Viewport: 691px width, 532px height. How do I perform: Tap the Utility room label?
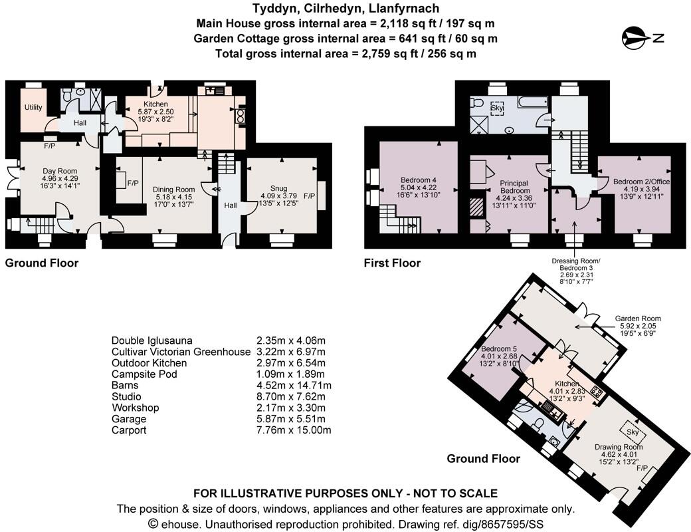click(33, 107)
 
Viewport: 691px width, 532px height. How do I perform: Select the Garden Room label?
click(638, 319)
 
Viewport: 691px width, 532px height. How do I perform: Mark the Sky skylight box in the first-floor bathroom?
click(497, 107)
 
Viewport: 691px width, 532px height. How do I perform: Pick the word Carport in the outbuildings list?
click(129, 430)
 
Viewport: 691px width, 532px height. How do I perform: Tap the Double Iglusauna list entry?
click(152, 340)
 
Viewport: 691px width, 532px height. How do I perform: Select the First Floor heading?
click(392, 263)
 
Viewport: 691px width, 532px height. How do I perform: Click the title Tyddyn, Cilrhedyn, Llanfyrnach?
click(345, 9)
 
